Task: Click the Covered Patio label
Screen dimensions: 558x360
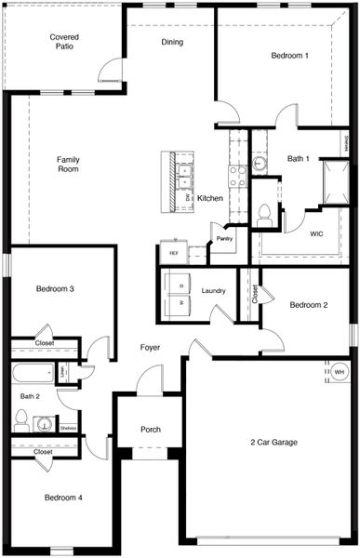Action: tap(63, 41)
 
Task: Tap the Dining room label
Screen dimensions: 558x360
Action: tap(172, 42)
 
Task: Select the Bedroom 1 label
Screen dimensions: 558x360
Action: tap(290, 56)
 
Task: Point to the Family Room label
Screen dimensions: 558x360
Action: tap(68, 165)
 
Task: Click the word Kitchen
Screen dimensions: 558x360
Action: tap(210, 198)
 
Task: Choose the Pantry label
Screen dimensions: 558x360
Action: tap(224, 239)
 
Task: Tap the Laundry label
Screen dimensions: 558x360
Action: tap(213, 291)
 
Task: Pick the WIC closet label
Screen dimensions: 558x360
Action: tap(316, 234)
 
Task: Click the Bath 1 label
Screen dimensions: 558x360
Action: tap(299, 159)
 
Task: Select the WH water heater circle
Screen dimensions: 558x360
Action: tap(340, 372)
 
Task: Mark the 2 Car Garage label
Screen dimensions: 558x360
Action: tap(273, 442)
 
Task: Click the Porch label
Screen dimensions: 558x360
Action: tap(151, 430)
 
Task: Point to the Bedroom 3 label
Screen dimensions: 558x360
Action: tap(55, 289)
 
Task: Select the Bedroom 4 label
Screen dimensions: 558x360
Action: tap(63, 498)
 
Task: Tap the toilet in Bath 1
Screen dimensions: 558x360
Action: tap(264, 216)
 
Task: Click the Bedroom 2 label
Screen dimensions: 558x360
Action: tap(308, 305)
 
